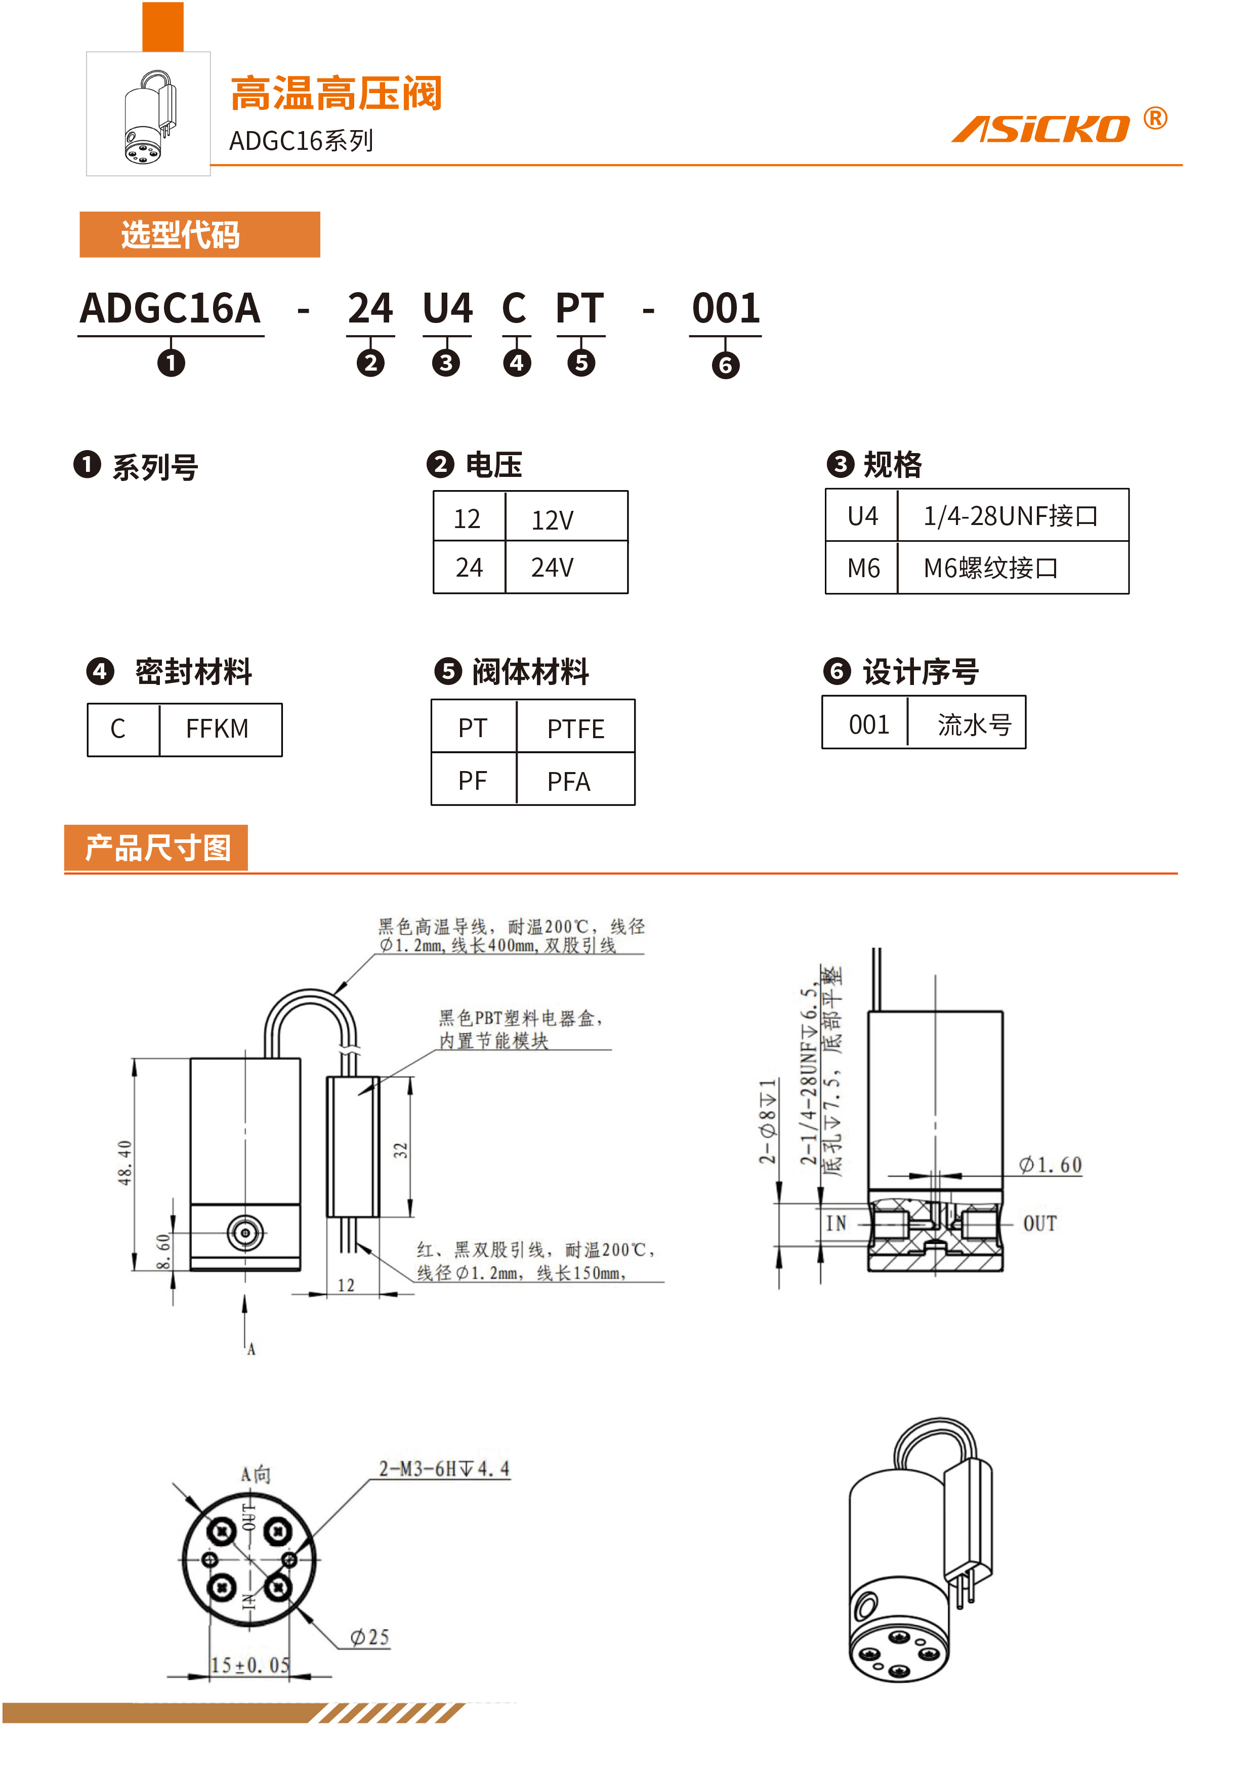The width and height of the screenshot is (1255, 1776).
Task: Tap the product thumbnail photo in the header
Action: (148, 114)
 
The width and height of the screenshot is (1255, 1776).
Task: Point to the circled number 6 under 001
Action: (725, 365)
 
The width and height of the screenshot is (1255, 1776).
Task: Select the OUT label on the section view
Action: (1039, 1224)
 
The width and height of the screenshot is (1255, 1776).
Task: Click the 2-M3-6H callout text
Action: (444, 1468)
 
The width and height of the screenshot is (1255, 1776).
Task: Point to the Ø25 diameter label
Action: (369, 1637)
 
